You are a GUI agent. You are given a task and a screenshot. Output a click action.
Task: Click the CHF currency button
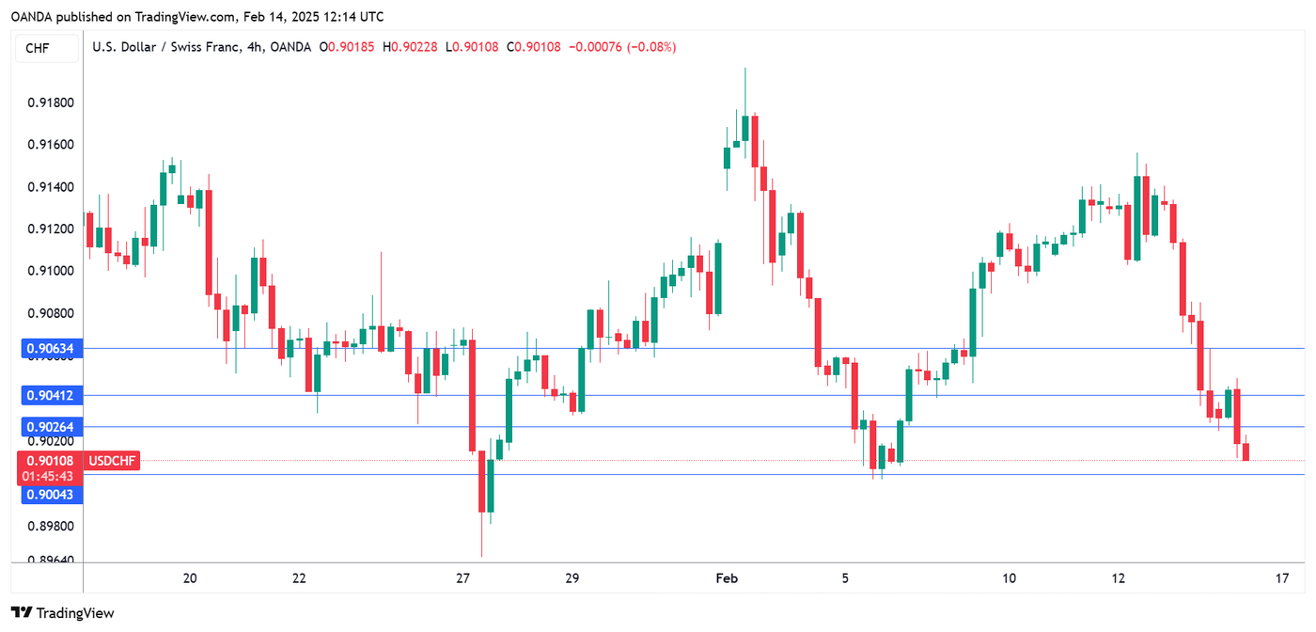(x=39, y=48)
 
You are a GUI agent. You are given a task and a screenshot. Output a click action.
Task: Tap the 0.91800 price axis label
(x=47, y=103)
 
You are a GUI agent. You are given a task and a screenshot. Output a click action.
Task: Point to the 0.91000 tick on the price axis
(x=47, y=271)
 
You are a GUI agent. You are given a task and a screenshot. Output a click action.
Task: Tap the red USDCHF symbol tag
(x=112, y=461)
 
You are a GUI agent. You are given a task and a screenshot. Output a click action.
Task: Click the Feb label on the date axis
(x=727, y=578)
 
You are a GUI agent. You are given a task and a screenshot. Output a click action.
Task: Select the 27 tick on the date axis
(x=462, y=578)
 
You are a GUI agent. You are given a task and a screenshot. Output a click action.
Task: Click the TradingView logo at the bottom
(x=63, y=613)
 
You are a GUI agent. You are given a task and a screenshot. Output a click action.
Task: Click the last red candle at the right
(x=1246, y=452)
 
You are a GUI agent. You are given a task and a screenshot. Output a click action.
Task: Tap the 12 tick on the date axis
(x=1118, y=578)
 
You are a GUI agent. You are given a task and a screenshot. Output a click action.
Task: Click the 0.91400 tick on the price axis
(x=47, y=187)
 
